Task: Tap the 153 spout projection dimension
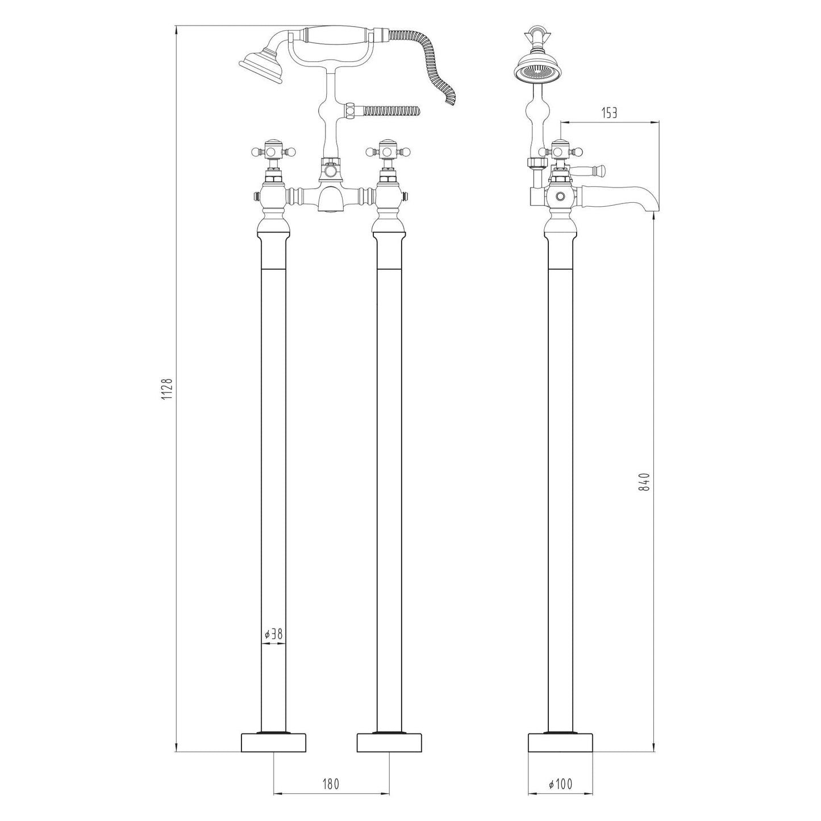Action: coord(609,113)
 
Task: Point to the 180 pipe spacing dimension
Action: coord(331,785)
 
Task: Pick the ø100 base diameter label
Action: coord(561,785)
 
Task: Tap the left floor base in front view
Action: coord(273,742)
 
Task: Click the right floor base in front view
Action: coord(389,742)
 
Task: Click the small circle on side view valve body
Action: coord(561,197)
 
